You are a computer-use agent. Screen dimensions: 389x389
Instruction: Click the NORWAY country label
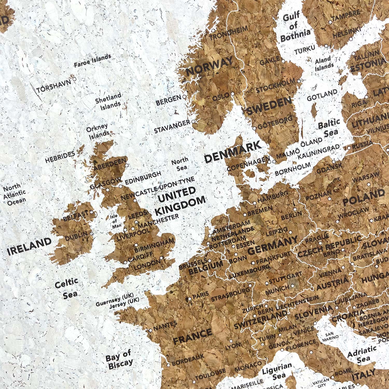[x=210, y=67]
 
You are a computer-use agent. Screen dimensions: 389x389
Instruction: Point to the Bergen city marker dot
[x=184, y=97]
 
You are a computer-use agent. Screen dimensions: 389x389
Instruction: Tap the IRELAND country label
[x=29, y=247]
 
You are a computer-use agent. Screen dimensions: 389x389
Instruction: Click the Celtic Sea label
[x=67, y=288]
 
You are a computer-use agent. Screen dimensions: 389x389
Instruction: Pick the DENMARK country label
[x=232, y=153]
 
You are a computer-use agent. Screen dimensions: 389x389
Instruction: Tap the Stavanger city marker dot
[x=194, y=121]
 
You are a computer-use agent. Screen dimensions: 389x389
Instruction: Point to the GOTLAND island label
[x=322, y=96]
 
